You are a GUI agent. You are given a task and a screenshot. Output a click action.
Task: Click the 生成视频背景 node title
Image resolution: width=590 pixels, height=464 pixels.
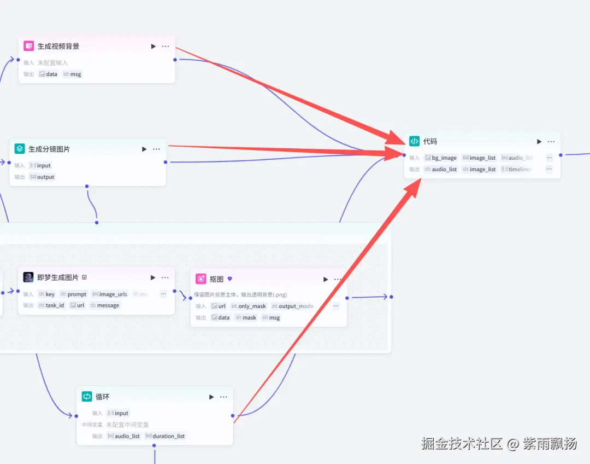point(58,47)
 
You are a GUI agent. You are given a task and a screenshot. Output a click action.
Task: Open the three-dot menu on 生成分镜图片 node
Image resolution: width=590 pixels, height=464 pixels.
point(157,149)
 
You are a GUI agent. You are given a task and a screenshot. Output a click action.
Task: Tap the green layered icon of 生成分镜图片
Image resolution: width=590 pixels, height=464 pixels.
point(20,149)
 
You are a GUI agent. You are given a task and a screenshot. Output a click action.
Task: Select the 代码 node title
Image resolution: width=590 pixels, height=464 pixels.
point(430,141)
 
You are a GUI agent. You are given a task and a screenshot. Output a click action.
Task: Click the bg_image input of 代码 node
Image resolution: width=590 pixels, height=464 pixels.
point(440,158)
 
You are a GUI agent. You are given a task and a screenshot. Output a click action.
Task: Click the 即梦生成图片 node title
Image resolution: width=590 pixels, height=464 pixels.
point(58,277)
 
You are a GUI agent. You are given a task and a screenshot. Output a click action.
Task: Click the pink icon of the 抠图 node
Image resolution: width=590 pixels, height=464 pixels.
point(201,279)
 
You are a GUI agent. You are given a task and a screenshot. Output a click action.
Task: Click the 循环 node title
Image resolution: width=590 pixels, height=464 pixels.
point(103,397)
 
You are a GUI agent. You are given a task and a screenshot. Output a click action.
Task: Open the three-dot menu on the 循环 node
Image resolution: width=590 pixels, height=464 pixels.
point(223,397)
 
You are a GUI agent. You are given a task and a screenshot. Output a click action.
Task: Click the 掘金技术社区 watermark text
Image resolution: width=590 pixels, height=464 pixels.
point(462,443)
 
